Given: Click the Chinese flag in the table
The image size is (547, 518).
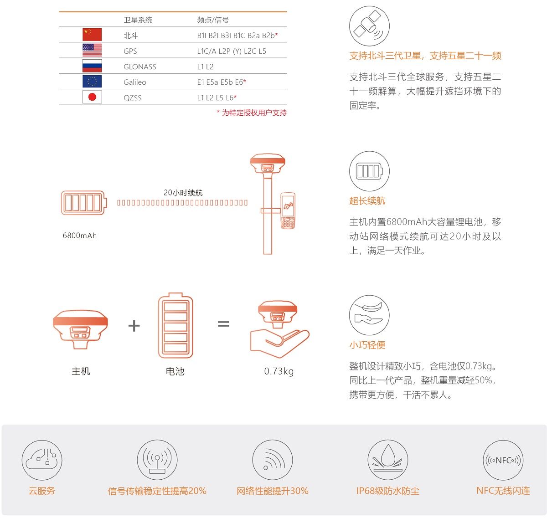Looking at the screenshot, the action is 92,35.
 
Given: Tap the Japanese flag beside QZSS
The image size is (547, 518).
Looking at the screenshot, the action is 92,97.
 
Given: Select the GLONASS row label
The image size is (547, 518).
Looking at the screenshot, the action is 139,67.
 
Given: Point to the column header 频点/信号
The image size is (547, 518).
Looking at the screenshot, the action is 213,20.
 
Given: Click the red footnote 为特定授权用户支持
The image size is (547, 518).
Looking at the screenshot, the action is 252,113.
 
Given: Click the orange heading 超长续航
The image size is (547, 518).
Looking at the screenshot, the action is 367,200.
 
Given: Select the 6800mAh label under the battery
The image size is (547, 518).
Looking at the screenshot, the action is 80,236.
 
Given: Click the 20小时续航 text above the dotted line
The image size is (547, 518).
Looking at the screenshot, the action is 183,193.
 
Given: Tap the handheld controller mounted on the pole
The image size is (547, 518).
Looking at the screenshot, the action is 288,210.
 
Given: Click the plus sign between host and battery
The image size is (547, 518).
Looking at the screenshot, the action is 134,325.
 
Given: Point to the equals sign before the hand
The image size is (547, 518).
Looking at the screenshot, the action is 223,324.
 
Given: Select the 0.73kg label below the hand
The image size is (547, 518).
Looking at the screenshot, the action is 279,371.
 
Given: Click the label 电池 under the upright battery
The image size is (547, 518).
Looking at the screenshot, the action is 175,371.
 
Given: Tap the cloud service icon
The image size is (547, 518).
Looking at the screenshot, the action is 42,460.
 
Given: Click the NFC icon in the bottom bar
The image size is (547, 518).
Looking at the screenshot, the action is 503,460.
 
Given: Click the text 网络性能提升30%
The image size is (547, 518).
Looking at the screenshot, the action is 273,491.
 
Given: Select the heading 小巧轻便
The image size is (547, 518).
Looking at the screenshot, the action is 367,345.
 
